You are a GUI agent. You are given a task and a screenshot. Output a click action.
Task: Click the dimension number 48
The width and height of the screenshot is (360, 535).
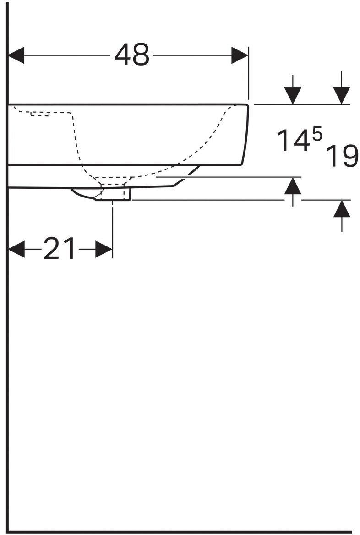click(132, 55)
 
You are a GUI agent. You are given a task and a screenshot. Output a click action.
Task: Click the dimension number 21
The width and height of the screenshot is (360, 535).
click(59, 250)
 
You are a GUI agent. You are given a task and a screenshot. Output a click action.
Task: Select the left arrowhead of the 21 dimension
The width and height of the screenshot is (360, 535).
click(16, 250)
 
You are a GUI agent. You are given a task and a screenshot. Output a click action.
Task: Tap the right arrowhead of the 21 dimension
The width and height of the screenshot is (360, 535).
click(104, 250)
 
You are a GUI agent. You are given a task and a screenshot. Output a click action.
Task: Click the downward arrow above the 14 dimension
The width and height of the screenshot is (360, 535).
click(293, 95)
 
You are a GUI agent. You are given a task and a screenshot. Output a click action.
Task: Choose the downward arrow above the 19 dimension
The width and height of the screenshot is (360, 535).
click(342, 95)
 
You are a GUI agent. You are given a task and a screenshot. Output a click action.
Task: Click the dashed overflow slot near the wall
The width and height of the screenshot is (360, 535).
click(40, 113)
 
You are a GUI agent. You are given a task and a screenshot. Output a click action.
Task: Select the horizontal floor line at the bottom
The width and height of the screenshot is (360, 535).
click(183, 531)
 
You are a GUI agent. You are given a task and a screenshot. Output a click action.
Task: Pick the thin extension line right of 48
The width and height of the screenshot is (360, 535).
click(248, 73)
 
